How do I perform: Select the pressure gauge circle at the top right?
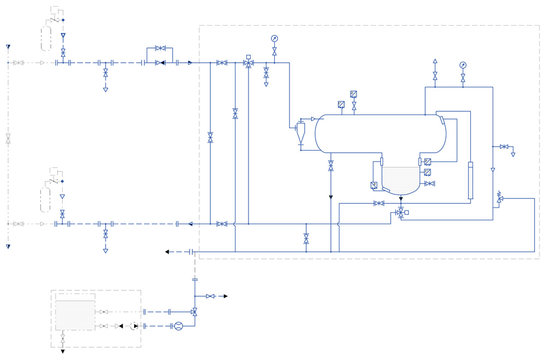tap(463, 65)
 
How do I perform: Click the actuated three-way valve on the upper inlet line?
tap(248, 62)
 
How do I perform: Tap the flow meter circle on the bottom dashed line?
tap(177, 327)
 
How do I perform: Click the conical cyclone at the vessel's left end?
tap(303, 127)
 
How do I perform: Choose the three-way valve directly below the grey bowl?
tap(401, 212)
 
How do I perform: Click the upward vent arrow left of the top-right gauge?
tap(435, 62)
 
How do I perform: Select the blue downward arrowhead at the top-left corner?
tap(8, 46)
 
